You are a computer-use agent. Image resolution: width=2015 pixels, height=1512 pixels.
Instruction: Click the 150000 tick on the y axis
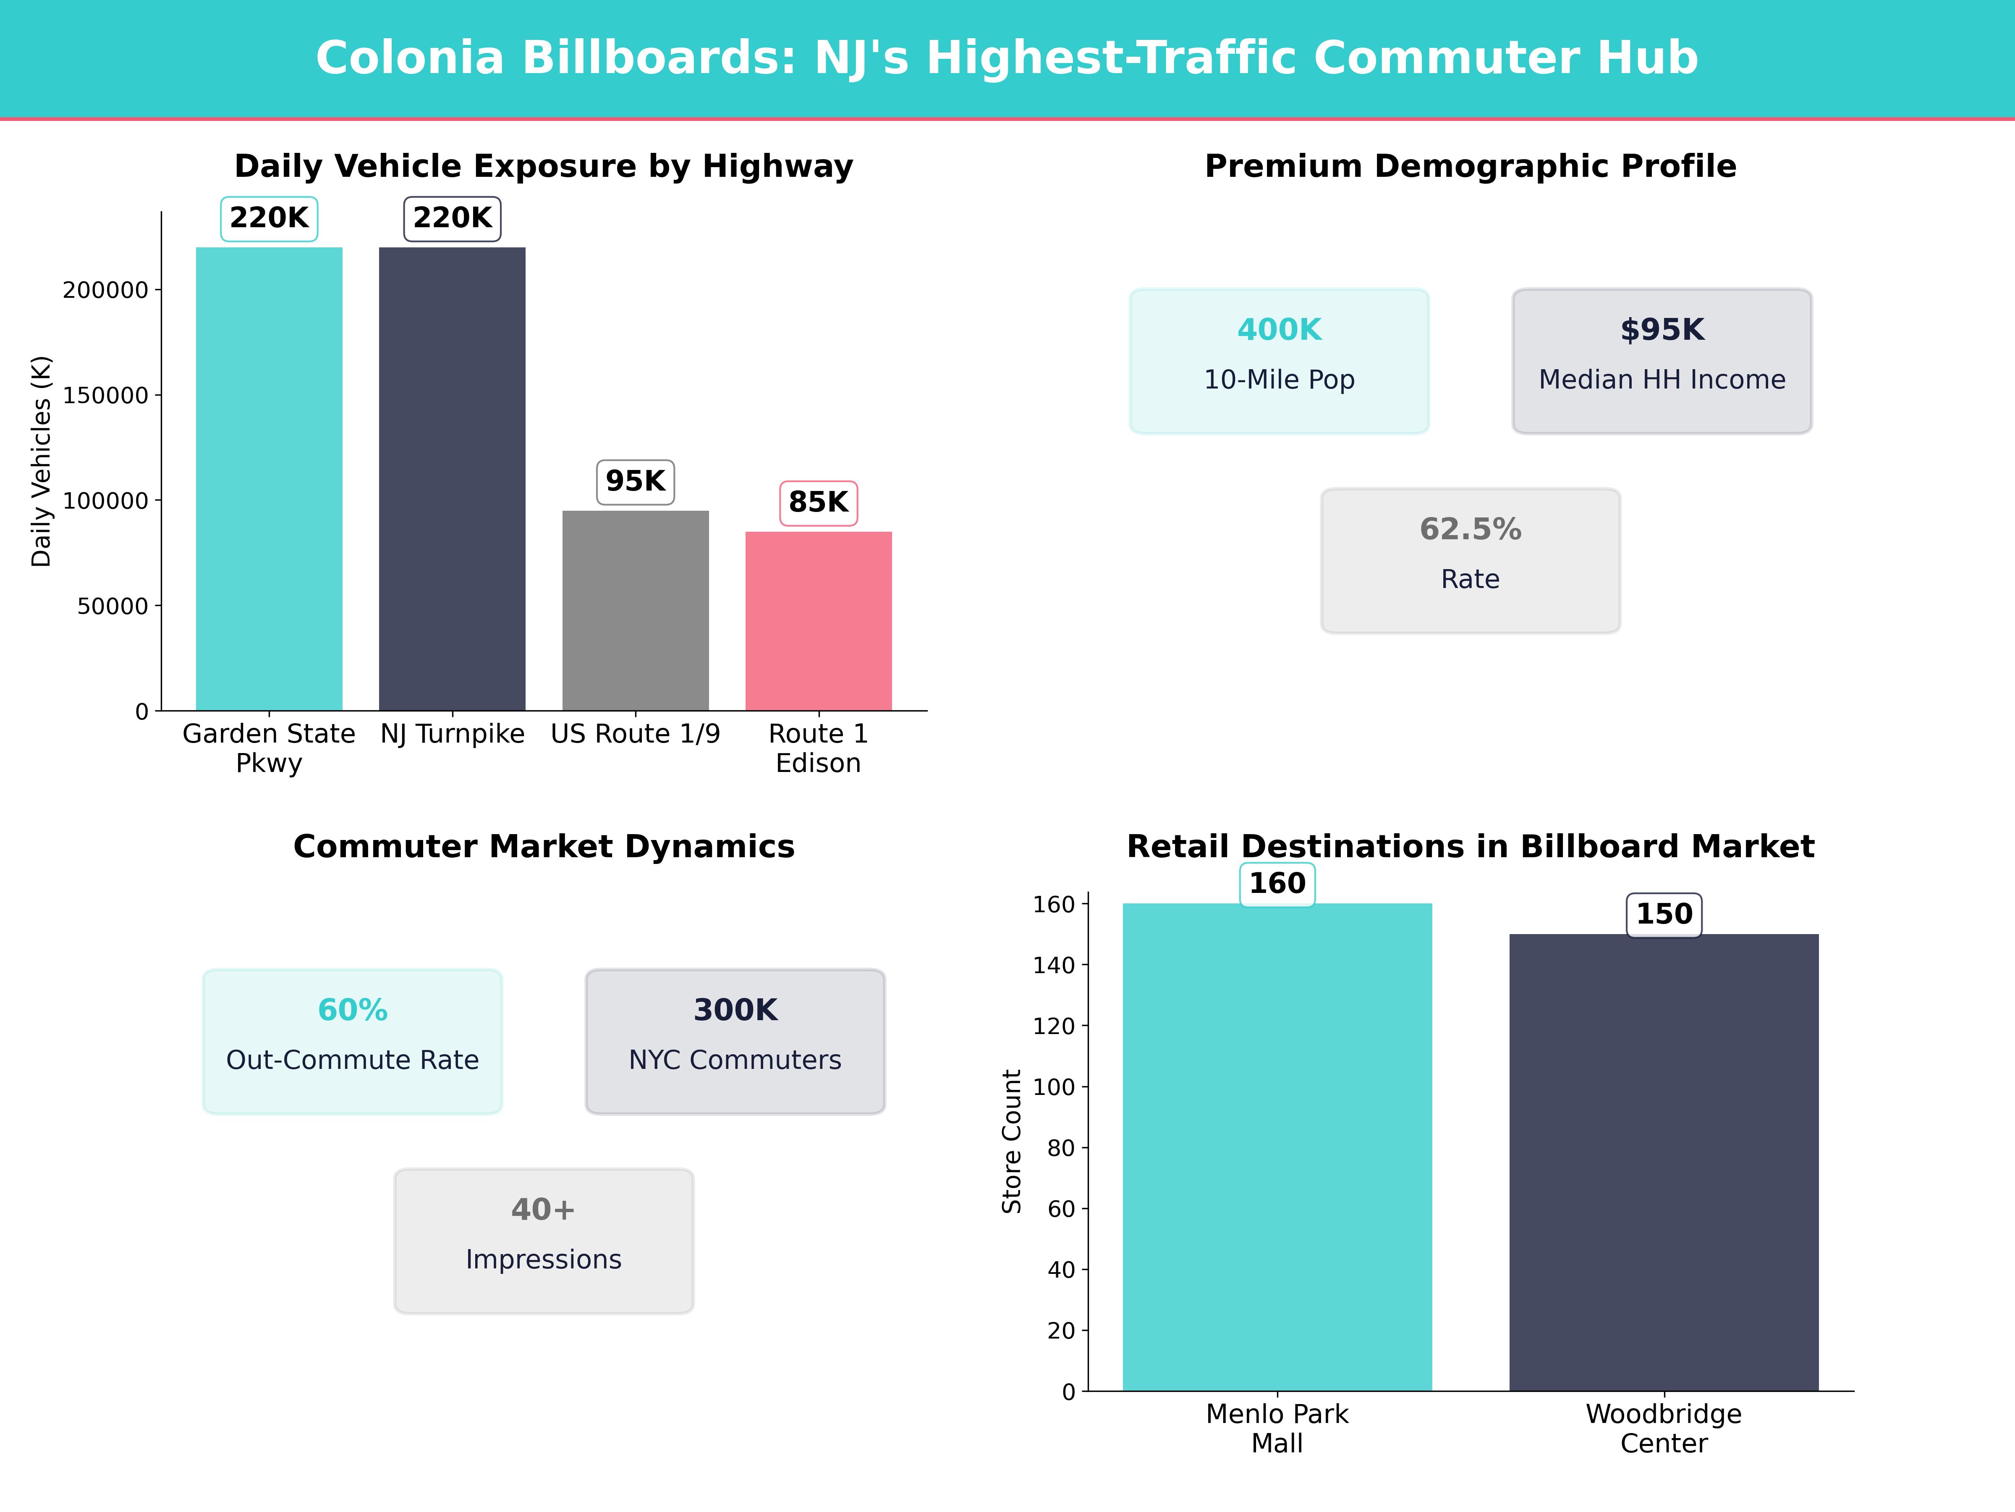(x=105, y=396)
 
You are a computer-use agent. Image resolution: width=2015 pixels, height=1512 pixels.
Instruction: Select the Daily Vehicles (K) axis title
(x=41, y=461)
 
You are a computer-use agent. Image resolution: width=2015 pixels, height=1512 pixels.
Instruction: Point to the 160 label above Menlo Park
(x=1277, y=884)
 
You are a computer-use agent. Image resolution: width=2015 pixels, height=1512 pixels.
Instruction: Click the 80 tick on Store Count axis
(x=1061, y=1148)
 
